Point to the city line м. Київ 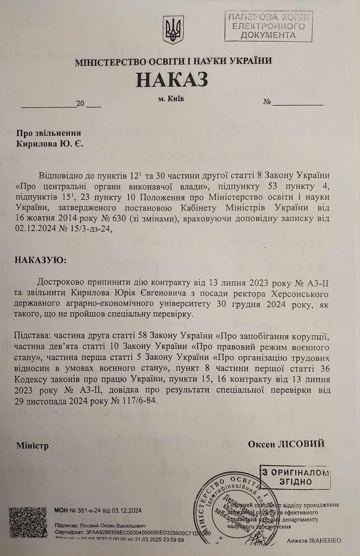[x=171, y=99]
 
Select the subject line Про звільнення [x=49, y=133]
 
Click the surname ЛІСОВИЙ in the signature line [x=306, y=444]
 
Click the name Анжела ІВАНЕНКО [x=314, y=540]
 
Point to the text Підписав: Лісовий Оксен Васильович [x=101, y=526]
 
